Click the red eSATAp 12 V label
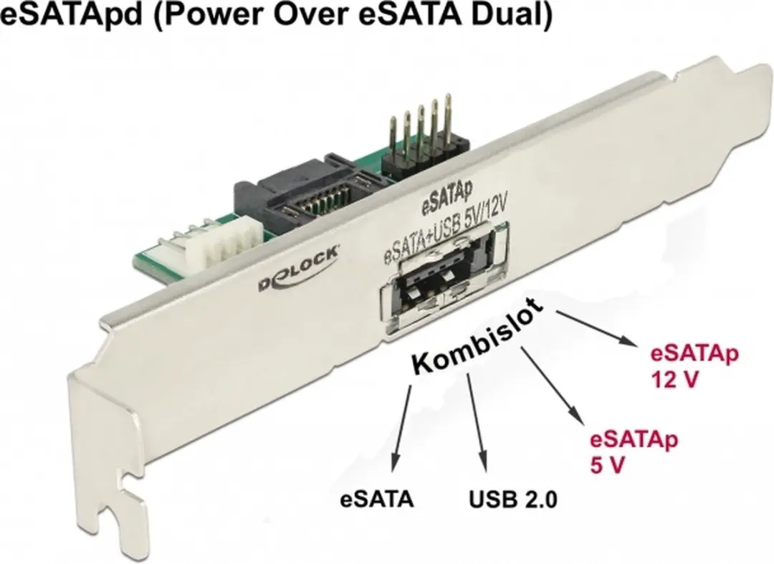(694, 367)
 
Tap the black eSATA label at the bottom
(377, 500)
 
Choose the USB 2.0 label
(513, 500)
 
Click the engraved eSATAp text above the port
(446, 197)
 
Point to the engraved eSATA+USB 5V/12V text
(446, 228)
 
